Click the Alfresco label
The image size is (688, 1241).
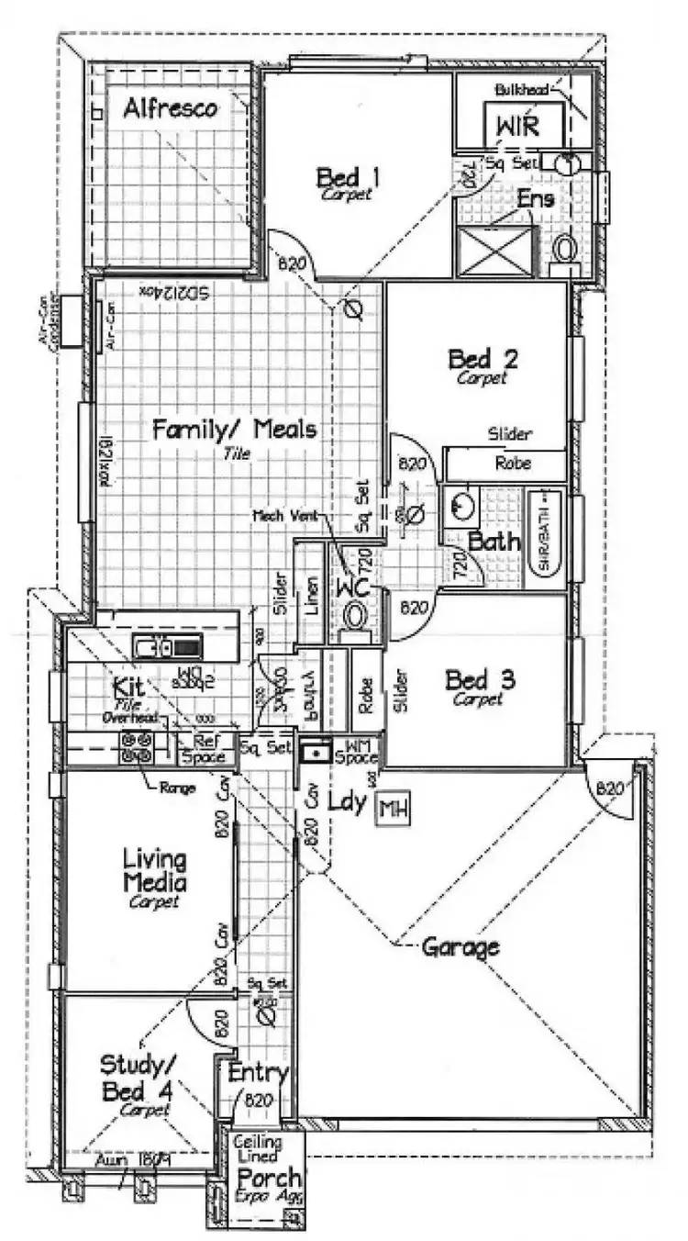[x=171, y=108]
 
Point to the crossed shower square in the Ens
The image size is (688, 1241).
[x=495, y=252]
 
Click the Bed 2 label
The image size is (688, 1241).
[x=483, y=359]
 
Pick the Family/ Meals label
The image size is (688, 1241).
[x=234, y=430]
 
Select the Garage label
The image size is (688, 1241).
[x=461, y=946]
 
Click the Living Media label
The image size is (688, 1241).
[x=155, y=872]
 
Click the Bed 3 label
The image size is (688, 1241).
[x=480, y=681]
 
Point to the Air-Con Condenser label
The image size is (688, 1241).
[x=47, y=324]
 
